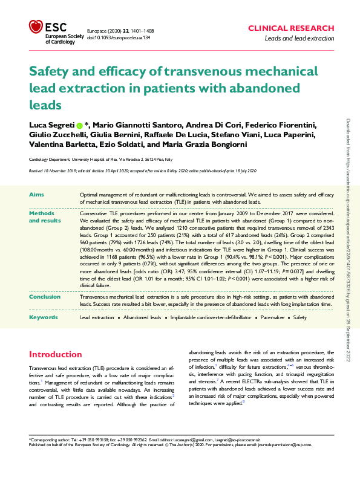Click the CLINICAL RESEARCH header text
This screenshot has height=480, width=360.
point(291,28)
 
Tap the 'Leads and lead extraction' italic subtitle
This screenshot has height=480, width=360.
point(299,39)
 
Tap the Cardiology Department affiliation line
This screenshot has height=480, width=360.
point(100,159)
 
